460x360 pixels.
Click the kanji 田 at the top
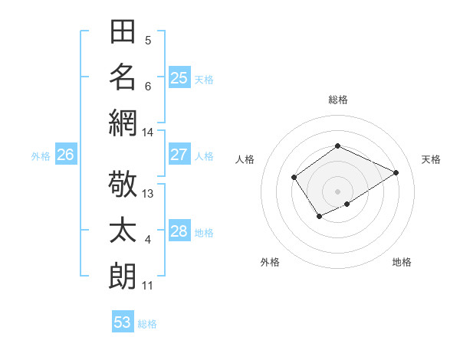pos(123,33)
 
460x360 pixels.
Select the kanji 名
pos(123,77)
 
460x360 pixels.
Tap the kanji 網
pos(123,122)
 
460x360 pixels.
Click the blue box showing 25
pos(179,77)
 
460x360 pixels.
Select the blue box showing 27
pos(179,155)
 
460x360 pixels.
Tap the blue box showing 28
pos(179,231)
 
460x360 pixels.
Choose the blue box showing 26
pos(65,155)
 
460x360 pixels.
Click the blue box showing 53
pos(123,322)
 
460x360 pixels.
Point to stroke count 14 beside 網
pos(148,133)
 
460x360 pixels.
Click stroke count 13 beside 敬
pos(148,194)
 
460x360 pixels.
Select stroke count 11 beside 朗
pos(148,286)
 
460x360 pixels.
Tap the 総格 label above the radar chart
pos(337,100)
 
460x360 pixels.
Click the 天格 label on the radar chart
pos(431,159)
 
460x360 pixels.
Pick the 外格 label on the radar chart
pos(270,262)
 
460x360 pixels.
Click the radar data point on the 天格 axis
pos(396,172)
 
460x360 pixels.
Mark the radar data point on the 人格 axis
pos(294,178)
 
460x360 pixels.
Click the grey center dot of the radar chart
pos(337,191)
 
